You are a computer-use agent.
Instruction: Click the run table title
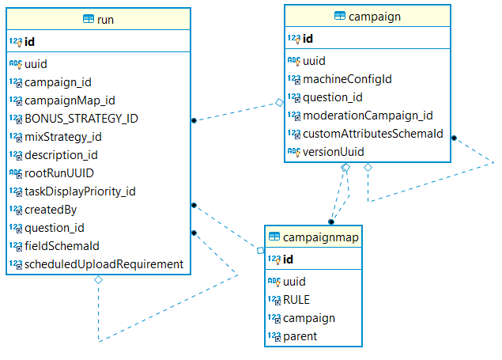105,20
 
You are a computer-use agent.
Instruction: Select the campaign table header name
375,17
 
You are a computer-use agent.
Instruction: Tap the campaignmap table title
321,237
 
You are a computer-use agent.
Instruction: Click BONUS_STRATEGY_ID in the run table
81,119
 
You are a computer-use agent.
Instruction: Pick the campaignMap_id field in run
70,100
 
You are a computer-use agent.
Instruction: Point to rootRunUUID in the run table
59,173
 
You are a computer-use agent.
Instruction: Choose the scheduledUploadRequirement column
104,264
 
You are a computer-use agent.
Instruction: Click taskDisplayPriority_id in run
80,191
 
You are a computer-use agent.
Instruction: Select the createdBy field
51,210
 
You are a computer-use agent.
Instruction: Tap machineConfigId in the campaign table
347,79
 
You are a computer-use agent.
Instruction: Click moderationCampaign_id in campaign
368,116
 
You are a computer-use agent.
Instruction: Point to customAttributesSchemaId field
373,134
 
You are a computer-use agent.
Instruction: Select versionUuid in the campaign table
334,152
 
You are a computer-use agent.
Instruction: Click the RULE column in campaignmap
296,300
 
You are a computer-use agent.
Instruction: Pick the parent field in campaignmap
300,336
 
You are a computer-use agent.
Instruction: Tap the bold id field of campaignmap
288,260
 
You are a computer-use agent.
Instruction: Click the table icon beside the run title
89,19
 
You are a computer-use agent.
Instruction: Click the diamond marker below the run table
98,280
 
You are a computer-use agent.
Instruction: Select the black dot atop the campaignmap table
331,222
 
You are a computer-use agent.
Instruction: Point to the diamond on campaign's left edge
280,103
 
